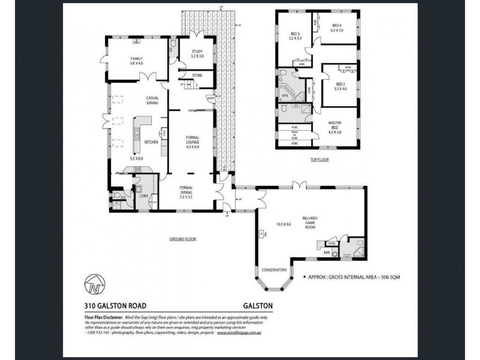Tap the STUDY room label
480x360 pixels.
point(197,52)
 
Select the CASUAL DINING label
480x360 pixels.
point(151,100)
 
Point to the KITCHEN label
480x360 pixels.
point(151,141)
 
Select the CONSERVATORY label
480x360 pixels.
point(274,270)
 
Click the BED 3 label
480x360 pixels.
point(295,34)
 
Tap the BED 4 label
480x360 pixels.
point(337,25)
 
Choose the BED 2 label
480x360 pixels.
point(340,84)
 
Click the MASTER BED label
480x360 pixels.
point(335,124)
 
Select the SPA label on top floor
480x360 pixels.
point(283,95)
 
